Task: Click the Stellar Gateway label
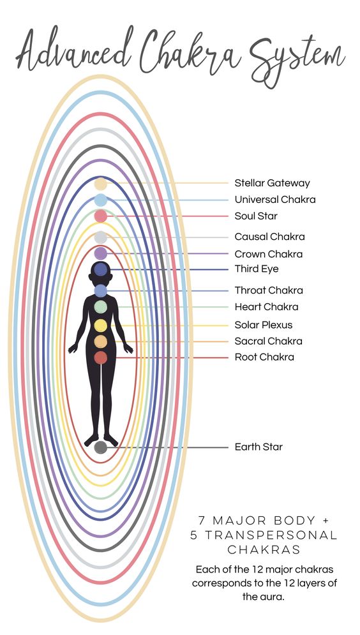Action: click(272, 183)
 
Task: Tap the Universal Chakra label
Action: click(275, 200)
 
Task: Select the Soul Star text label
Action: click(256, 216)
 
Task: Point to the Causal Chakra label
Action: click(270, 237)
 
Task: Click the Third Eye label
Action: click(257, 269)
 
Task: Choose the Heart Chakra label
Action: click(266, 307)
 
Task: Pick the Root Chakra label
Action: click(264, 357)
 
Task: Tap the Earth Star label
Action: click(259, 447)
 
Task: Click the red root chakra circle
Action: click(100, 357)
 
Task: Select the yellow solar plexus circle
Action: click(100, 325)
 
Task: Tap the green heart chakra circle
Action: click(100, 306)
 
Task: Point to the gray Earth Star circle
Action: click(100, 447)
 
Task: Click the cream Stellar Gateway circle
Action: click(100, 184)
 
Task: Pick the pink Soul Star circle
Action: click(100, 216)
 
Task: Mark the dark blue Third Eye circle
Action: click(100, 269)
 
